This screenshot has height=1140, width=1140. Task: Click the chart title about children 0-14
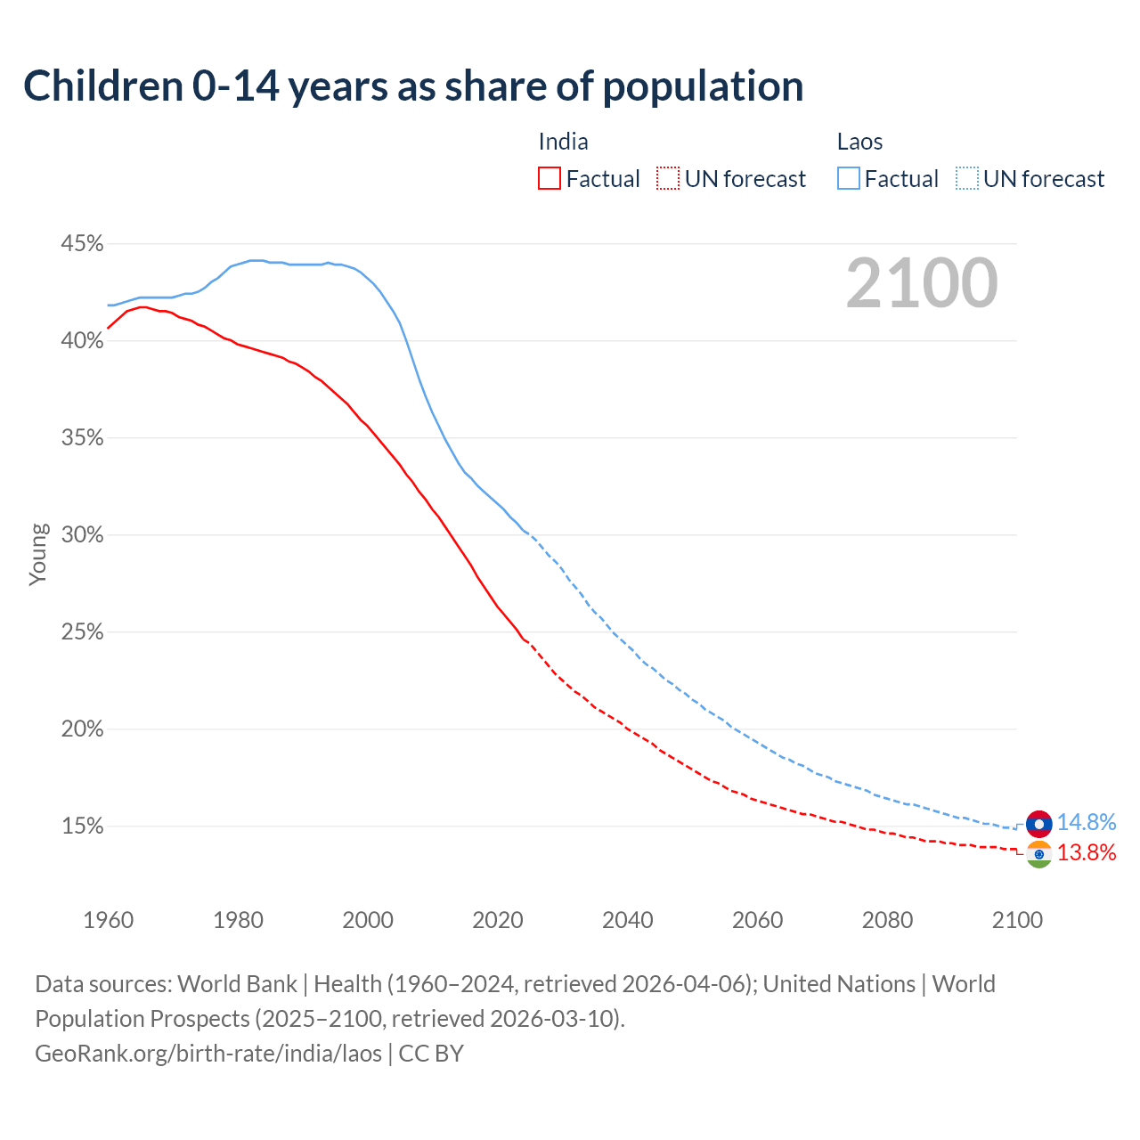click(413, 86)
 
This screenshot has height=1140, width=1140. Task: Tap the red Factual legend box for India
click(550, 179)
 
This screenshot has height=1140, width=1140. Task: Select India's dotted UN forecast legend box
click(668, 179)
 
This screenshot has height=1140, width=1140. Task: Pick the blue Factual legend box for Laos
click(849, 179)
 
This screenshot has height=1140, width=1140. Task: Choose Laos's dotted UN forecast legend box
click(967, 179)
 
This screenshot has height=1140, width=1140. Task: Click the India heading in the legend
click(563, 142)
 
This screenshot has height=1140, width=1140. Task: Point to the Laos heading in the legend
click(859, 142)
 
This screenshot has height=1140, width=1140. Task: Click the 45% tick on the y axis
click(82, 244)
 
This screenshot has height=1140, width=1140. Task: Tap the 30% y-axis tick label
click(82, 535)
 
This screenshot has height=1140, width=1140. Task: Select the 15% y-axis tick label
click(82, 826)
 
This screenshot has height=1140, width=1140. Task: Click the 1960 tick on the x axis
click(108, 920)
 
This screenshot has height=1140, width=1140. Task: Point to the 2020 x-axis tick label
click(498, 920)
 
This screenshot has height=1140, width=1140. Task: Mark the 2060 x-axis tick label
click(757, 920)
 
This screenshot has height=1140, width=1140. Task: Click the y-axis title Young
click(37, 554)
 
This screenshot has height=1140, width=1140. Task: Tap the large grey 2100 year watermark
click(922, 283)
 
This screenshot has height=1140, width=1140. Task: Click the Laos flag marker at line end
click(1038, 824)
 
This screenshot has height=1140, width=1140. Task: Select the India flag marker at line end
click(1038, 854)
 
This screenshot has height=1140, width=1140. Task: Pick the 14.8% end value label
click(1087, 822)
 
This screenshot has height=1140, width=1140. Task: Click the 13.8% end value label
click(1087, 853)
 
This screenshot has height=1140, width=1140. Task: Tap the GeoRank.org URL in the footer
click(208, 1054)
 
